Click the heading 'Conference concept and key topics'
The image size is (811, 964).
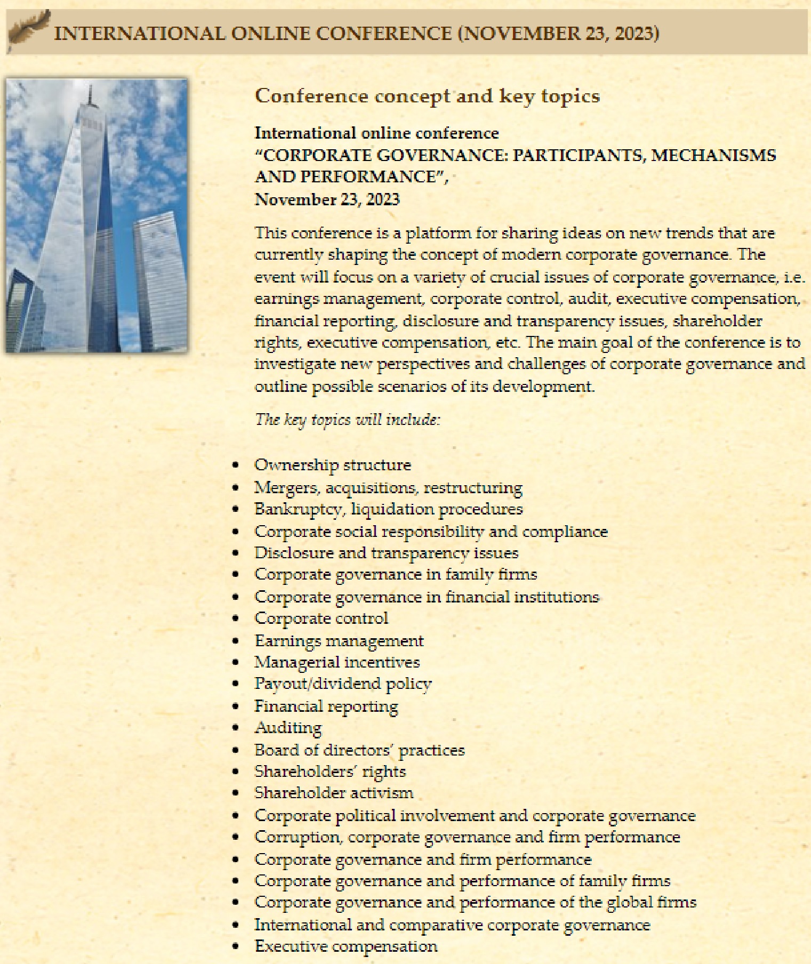click(x=427, y=96)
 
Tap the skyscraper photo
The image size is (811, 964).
click(x=97, y=216)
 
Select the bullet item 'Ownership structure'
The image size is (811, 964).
click(x=333, y=465)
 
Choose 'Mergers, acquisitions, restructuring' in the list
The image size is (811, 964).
click(x=388, y=487)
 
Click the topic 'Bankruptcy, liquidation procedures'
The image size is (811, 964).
click(x=388, y=509)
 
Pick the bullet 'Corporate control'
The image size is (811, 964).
click(x=321, y=618)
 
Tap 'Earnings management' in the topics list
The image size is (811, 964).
click(x=339, y=640)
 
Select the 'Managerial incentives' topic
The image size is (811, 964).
click(x=337, y=662)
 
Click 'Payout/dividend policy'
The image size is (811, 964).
click(x=343, y=684)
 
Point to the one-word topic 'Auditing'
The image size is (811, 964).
click(x=288, y=728)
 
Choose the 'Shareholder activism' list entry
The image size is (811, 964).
click(x=334, y=793)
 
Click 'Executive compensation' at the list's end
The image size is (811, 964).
click(x=346, y=946)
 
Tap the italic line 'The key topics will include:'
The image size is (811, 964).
click(x=347, y=420)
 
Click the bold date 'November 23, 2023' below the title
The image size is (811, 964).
click(x=327, y=199)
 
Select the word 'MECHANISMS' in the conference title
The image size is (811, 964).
click(x=713, y=155)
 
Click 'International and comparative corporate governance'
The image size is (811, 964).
click(x=452, y=925)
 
